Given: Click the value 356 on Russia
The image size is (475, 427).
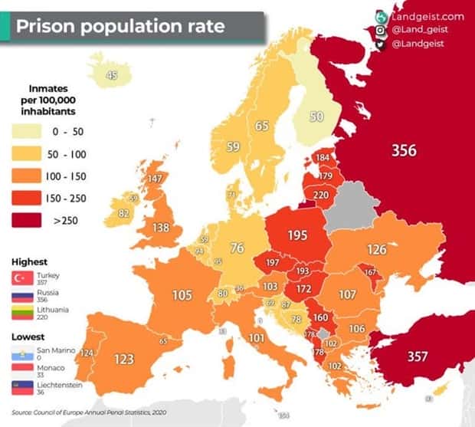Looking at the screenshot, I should pos(404,150).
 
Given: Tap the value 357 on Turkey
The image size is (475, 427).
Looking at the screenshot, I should pos(417,356).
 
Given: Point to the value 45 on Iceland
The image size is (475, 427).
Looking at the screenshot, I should pos(112,75).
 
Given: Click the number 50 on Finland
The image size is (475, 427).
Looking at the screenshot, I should pos(316,117).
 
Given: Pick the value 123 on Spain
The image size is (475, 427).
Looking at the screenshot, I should pos(124,358).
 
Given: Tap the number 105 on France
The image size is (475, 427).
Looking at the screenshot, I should pos(182,295).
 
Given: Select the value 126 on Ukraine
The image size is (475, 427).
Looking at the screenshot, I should pos(376,249).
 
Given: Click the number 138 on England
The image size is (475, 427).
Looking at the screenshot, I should pos(161,228).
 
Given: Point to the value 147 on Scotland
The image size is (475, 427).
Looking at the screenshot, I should pos(156,179).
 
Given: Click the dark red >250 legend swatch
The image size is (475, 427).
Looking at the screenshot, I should pos(27,221).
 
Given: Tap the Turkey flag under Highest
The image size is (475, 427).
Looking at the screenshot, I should pos(21,278).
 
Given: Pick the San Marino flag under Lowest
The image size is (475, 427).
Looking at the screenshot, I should pos(21,353).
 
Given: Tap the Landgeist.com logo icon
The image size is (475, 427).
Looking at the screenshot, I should pos(381,16).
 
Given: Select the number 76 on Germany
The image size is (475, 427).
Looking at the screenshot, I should pos(237,248).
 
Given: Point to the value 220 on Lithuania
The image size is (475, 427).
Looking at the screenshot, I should pos(321,195).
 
